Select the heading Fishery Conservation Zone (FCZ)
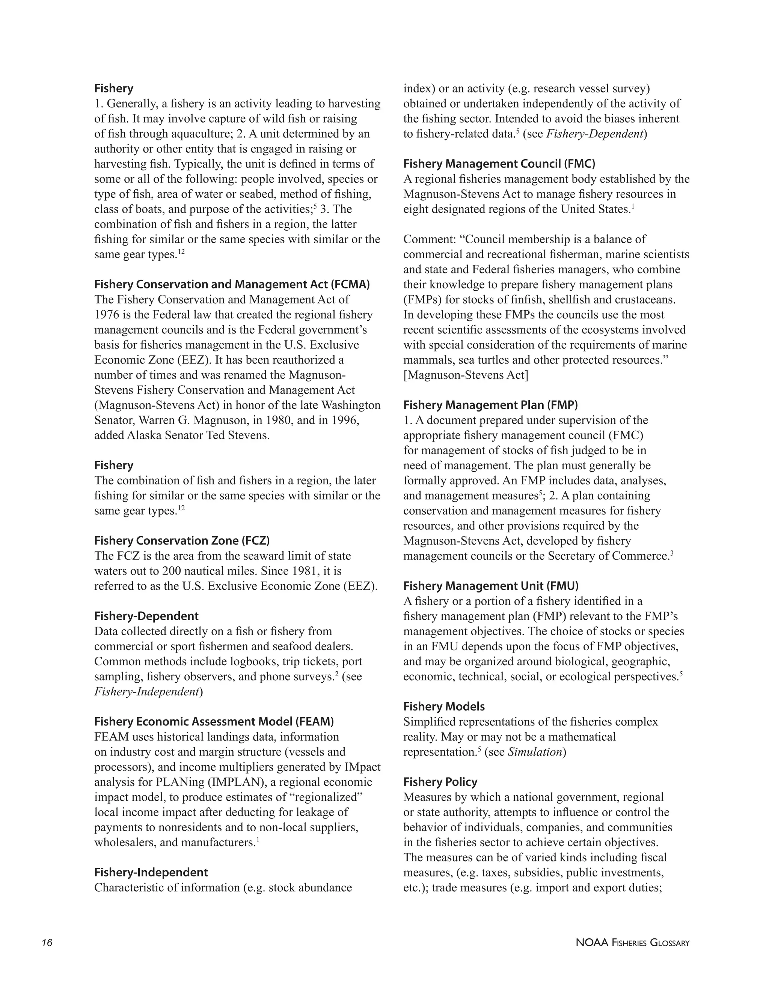tap(182, 541)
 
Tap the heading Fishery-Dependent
tap(146, 616)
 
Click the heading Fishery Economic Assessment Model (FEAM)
tap(214, 722)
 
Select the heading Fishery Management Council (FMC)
tap(499, 164)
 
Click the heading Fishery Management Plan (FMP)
tap(491, 405)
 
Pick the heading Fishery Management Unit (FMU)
tap(491, 586)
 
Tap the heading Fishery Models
tap(444, 707)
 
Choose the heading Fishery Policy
tap(440, 782)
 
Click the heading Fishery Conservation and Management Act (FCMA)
tap(232, 284)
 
